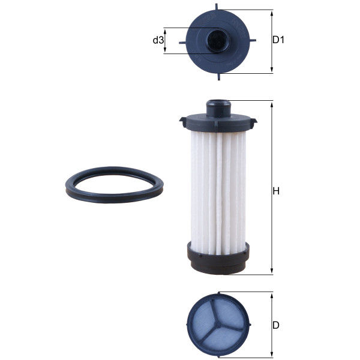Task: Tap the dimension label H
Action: tap(277, 191)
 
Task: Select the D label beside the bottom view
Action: tap(276, 325)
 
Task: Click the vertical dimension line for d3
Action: tap(166, 40)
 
